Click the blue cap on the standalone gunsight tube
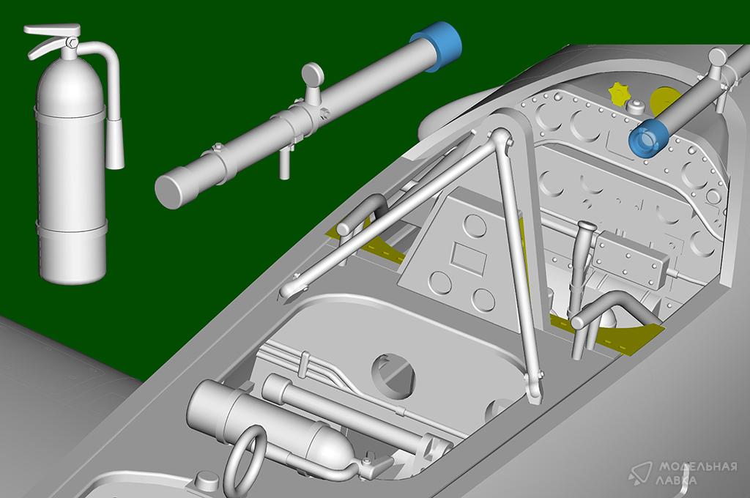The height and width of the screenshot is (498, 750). point(437,45)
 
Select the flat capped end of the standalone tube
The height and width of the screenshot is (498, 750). point(170,188)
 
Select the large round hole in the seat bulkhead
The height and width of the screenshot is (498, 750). point(393,376)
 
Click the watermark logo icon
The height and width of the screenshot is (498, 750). point(641,472)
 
